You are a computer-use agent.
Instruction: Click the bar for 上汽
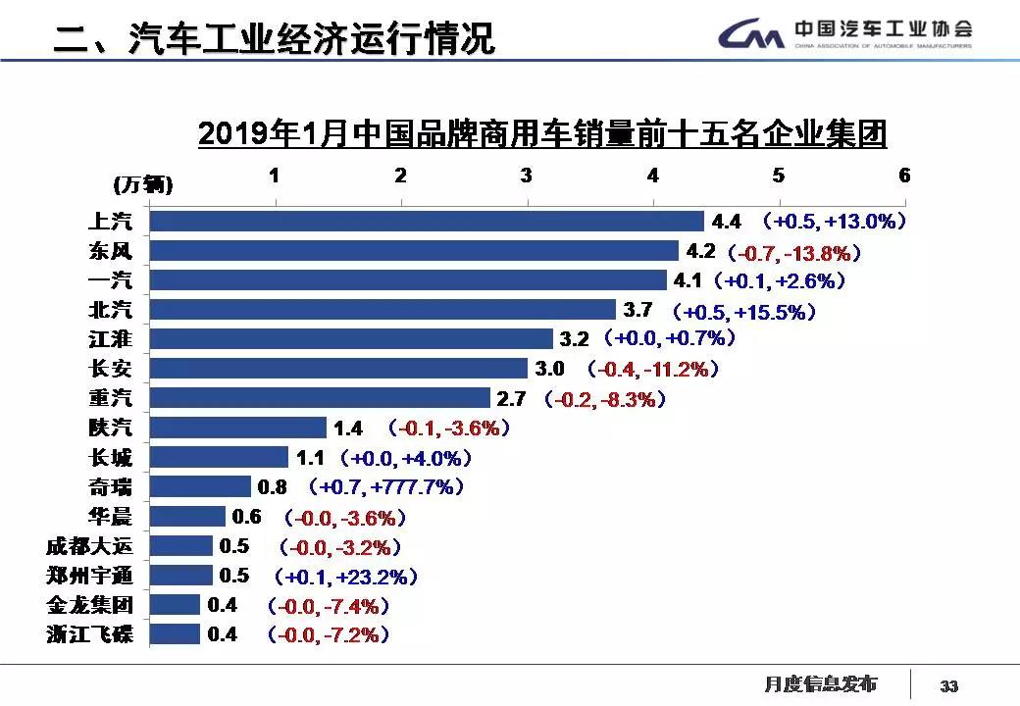click(x=427, y=222)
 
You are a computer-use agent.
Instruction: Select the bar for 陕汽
click(x=237, y=428)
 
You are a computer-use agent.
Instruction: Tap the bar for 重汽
click(x=320, y=398)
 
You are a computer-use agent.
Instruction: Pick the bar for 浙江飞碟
click(x=175, y=634)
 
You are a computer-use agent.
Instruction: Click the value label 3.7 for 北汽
click(x=637, y=311)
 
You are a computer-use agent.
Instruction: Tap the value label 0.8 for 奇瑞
click(x=271, y=486)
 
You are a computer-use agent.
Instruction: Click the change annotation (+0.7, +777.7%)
click(x=385, y=486)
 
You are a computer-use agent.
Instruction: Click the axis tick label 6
click(x=904, y=176)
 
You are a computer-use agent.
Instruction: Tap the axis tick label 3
click(x=527, y=176)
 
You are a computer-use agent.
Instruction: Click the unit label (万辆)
click(x=143, y=183)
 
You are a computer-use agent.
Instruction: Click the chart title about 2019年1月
click(x=542, y=133)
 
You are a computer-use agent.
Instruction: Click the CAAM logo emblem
click(x=750, y=36)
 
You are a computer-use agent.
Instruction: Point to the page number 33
click(x=948, y=685)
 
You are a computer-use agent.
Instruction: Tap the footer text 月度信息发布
click(x=821, y=683)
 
